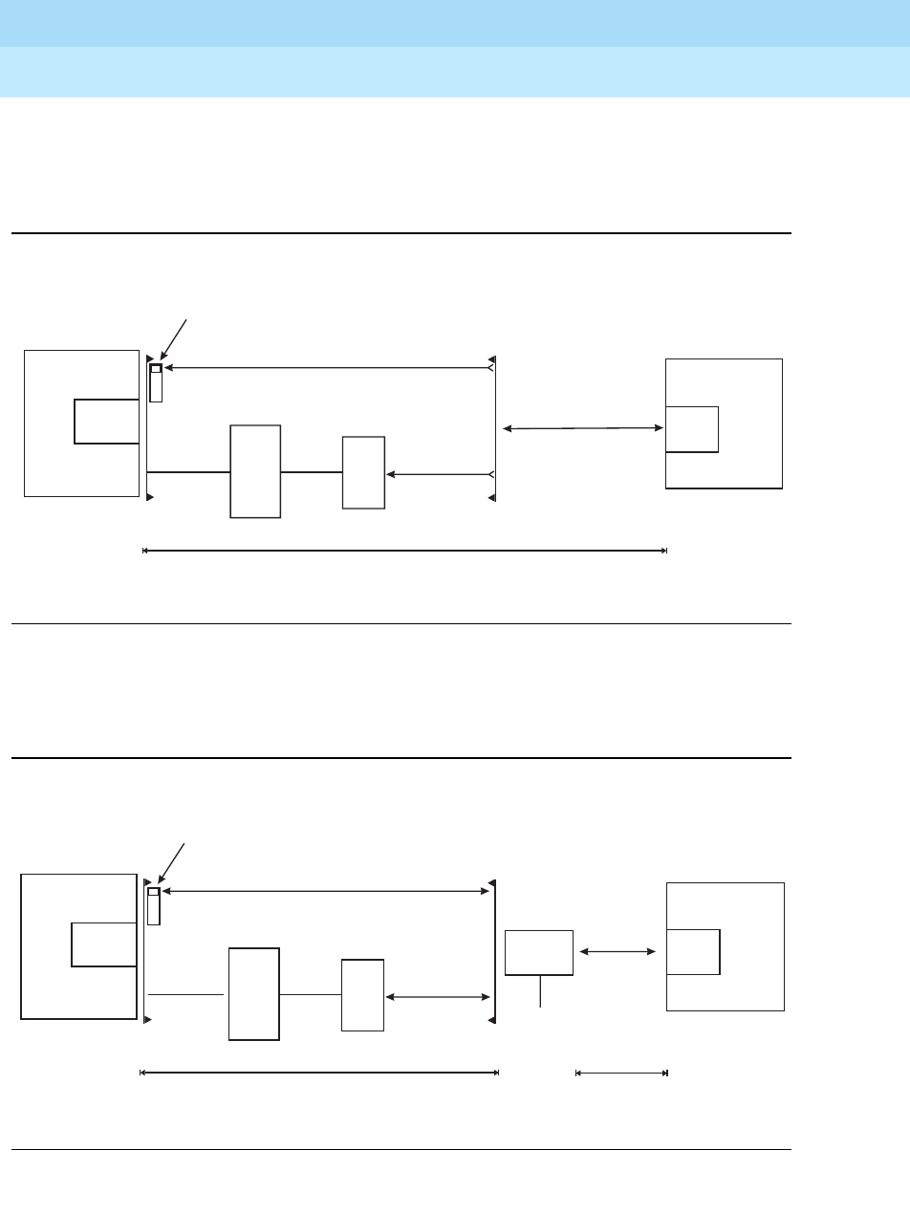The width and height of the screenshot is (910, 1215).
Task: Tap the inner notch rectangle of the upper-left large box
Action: point(106,422)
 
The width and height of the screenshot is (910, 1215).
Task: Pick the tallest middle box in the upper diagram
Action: point(255,471)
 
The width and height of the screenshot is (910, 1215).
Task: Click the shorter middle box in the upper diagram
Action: point(363,472)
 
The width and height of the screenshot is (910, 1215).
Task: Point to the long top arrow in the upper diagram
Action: point(325,367)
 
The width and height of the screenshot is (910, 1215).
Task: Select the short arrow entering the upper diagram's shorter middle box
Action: point(439,473)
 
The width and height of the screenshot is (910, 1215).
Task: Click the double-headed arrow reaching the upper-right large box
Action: point(583,429)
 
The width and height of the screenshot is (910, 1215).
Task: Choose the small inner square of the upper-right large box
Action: point(691,429)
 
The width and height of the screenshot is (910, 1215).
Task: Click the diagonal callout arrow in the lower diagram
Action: point(170,863)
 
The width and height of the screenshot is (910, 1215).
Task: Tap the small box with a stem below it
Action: point(539,952)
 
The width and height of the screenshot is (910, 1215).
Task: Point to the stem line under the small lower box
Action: point(540,991)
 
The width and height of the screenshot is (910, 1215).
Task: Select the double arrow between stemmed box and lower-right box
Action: point(618,951)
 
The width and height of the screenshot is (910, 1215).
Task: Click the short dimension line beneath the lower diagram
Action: point(620,1074)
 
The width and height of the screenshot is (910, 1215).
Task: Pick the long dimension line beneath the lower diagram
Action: point(319,1074)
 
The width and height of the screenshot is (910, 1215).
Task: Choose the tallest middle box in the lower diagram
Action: point(254,994)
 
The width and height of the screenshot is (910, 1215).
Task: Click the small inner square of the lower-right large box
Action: point(693,951)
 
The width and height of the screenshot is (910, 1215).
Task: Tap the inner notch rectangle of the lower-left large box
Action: point(103,944)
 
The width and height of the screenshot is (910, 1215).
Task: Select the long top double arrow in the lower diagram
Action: point(325,892)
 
